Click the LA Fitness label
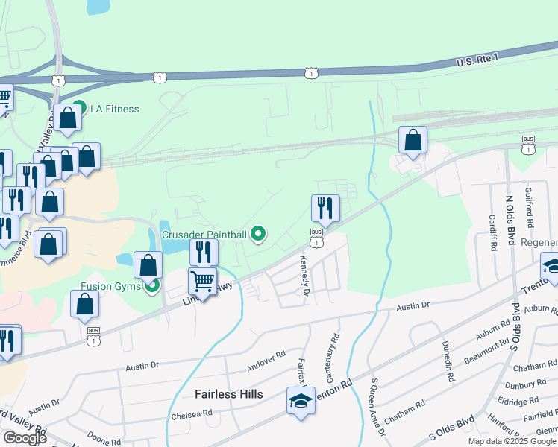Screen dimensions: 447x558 (114, 109)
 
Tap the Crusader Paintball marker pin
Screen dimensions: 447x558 (259, 235)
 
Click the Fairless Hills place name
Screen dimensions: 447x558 (228, 393)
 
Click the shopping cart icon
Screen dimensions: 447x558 (203, 282)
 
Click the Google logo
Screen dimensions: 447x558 (25, 438)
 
